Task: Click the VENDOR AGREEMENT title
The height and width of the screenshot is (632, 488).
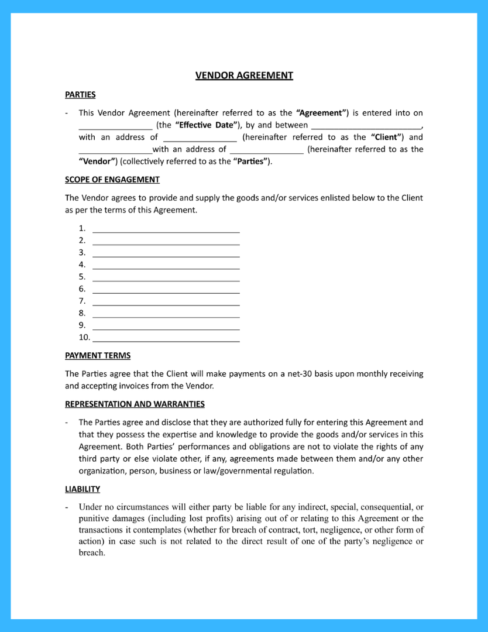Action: coord(244,75)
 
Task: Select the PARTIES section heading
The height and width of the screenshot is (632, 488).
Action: coord(80,94)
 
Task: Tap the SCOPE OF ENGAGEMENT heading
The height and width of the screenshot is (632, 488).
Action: coord(112,180)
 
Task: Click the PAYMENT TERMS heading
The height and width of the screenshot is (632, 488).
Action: coord(98,355)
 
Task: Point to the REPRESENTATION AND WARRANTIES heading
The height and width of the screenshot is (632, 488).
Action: coord(135,404)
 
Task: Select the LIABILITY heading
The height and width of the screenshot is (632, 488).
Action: coord(83,489)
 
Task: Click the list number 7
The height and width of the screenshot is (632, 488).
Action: coord(82,301)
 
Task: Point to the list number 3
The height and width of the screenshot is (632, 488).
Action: coord(82,252)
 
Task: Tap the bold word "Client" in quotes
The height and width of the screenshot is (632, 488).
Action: coord(387,137)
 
